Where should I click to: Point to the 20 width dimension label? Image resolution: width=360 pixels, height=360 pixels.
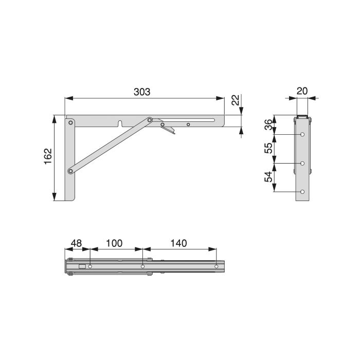pyautogui.click(x=302, y=91)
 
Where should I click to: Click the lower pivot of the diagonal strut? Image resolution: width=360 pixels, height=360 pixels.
pyautogui.click(x=70, y=170)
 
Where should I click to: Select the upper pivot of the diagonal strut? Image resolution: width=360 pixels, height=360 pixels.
pyautogui.click(x=150, y=120)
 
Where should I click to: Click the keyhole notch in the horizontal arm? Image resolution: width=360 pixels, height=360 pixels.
pyautogui.click(x=119, y=123)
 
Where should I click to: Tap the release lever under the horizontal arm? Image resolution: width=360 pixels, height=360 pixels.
pyautogui.click(x=170, y=129)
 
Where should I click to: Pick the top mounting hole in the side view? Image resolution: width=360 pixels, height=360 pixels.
pyautogui.click(x=303, y=135)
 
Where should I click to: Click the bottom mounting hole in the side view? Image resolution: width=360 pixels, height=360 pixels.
pyautogui.click(x=303, y=192)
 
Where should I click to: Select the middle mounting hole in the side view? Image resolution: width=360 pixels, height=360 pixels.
pyautogui.click(x=303, y=164)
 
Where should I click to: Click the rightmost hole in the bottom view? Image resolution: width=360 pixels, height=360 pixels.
pyautogui.click(x=217, y=266)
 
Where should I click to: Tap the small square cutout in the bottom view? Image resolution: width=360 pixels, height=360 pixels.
pyautogui.click(x=81, y=266)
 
